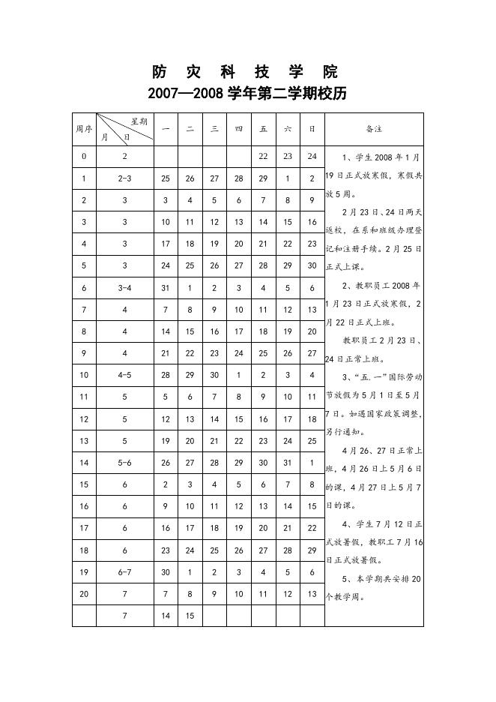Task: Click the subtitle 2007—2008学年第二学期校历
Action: tap(247, 94)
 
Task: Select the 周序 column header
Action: tap(84, 128)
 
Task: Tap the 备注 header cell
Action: tap(374, 128)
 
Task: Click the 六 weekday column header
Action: tap(288, 129)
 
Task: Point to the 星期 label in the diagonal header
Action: tap(139, 121)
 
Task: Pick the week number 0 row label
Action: tap(84, 157)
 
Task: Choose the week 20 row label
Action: tap(84, 594)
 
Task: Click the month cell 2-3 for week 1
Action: tap(125, 178)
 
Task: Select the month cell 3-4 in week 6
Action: tap(125, 288)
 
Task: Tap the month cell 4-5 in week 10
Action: tap(125, 375)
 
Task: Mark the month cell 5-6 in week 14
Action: tap(125, 463)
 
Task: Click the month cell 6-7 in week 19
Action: tap(125, 572)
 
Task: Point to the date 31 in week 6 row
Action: tap(166, 288)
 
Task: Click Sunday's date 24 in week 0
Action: tap(312, 157)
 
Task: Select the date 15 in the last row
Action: tap(190, 616)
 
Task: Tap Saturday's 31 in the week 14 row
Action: tap(288, 463)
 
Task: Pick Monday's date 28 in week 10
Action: tap(166, 375)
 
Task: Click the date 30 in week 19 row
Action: tap(166, 572)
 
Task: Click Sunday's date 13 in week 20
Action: tap(312, 594)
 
